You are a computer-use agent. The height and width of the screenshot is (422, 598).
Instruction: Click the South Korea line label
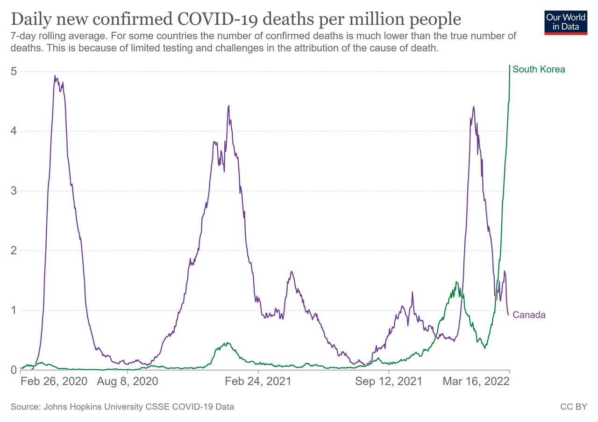[x=539, y=69]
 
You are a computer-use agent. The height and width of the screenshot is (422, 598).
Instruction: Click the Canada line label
[x=529, y=315]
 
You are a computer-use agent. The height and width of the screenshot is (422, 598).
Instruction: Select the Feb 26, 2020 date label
[x=54, y=381]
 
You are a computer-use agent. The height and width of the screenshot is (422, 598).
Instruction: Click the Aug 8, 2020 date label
[x=127, y=381]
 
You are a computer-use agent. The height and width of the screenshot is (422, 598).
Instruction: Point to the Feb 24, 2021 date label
[x=258, y=381]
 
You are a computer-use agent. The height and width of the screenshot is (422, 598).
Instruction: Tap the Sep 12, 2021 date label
[x=388, y=381]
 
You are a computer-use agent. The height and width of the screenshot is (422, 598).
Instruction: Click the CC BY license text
[x=573, y=407]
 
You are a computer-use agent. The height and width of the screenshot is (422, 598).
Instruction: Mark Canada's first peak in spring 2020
[x=55, y=76]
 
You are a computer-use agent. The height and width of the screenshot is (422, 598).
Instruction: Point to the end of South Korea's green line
[x=509, y=65]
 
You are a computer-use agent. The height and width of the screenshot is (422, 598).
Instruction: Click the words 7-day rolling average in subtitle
[x=53, y=35]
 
